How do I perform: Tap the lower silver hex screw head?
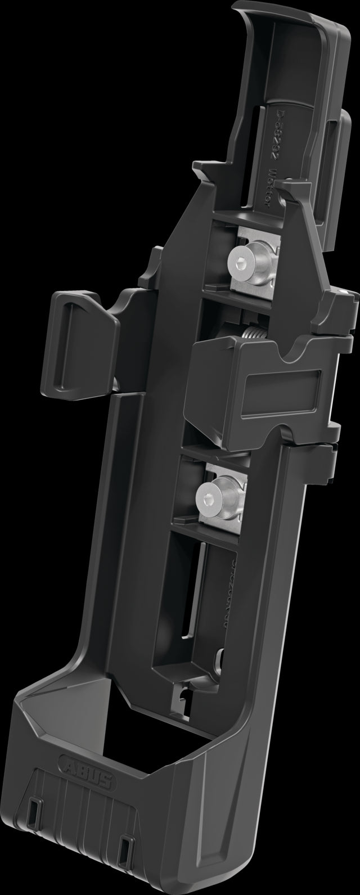[206, 494]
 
